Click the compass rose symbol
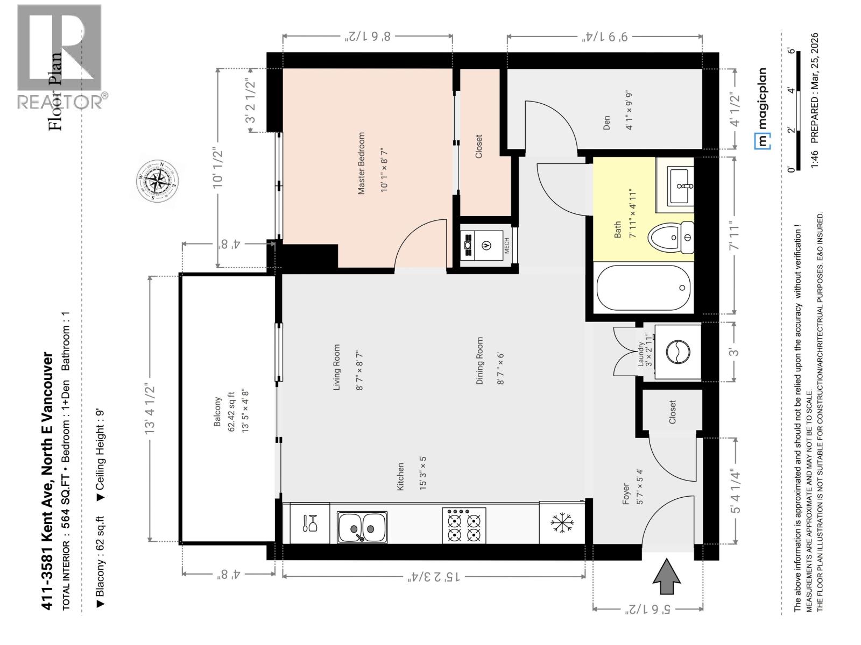pyautogui.click(x=157, y=181)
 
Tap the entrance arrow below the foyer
pyautogui.click(x=666, y=576)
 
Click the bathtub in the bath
pyautogui.click(x=643, y=288)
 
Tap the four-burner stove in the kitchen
pyautogui.click(x=464, y=526)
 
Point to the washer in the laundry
pyautogui.click(x=677, y=352)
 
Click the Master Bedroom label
pyautogui.click(x=361, y=163)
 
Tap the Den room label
pyautogui.click(x=606, y=123)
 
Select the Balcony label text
pyautogui.click(x=218, y=412)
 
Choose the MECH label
pyautogui.click(x=506, y=246)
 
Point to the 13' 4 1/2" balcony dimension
pyautogui.click(x=150, y=409)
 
